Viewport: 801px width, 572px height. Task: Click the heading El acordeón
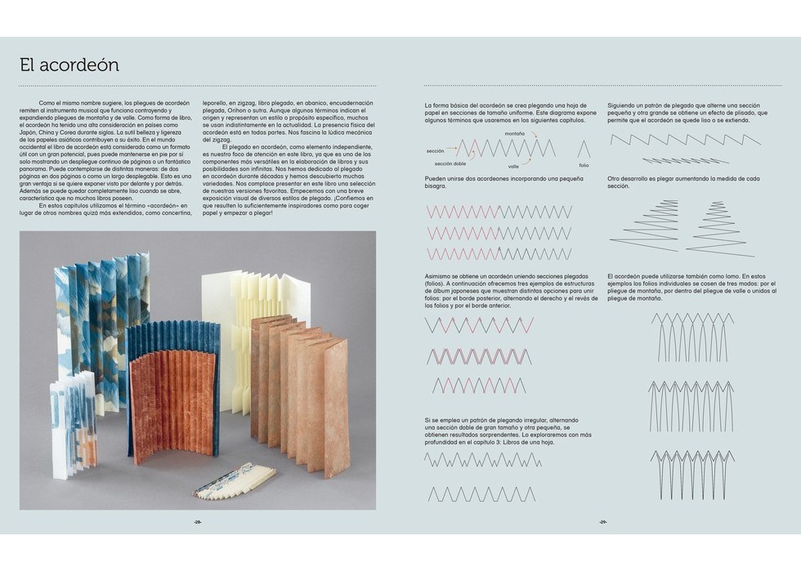69,65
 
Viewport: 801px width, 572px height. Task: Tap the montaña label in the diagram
515,133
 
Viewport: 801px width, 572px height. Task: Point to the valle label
513,166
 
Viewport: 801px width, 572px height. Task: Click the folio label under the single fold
584,166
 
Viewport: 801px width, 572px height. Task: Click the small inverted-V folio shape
584,149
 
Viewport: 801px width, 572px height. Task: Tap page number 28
197,521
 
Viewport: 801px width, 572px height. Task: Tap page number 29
603,521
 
